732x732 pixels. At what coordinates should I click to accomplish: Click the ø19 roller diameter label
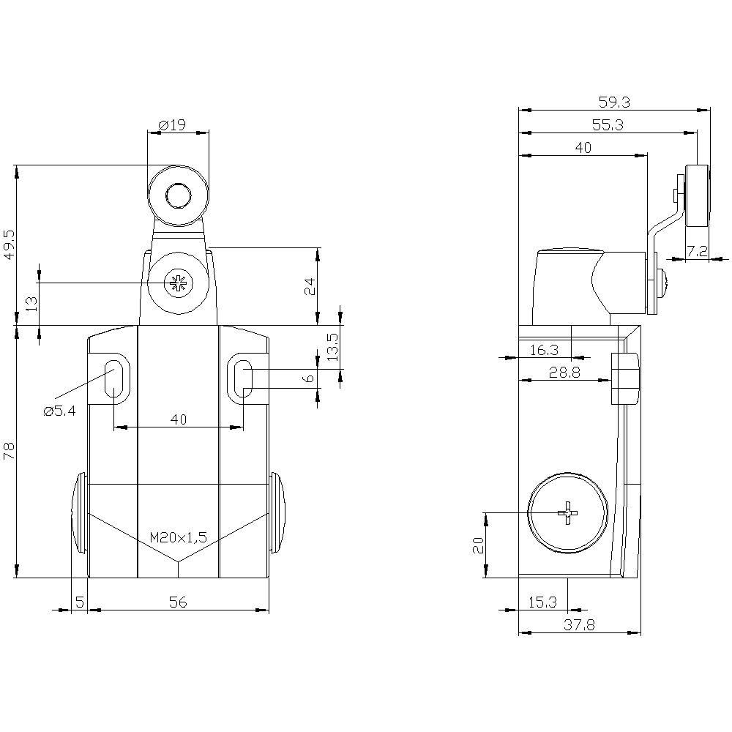point(172,125)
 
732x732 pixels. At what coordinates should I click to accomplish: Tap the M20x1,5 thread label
point(179,537)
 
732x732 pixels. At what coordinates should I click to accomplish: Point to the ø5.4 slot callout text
point(59,411)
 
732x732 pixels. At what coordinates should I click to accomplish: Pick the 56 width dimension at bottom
point(178,602)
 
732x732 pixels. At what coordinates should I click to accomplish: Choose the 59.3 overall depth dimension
point(614,102)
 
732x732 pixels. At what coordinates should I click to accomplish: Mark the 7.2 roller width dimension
point(698,251)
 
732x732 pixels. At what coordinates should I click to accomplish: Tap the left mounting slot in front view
point(114,379)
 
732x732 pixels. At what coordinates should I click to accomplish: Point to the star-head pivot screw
point(176,283)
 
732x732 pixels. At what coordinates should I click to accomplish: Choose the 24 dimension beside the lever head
point(310,285)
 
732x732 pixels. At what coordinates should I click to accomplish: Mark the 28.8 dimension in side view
point(564,373)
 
